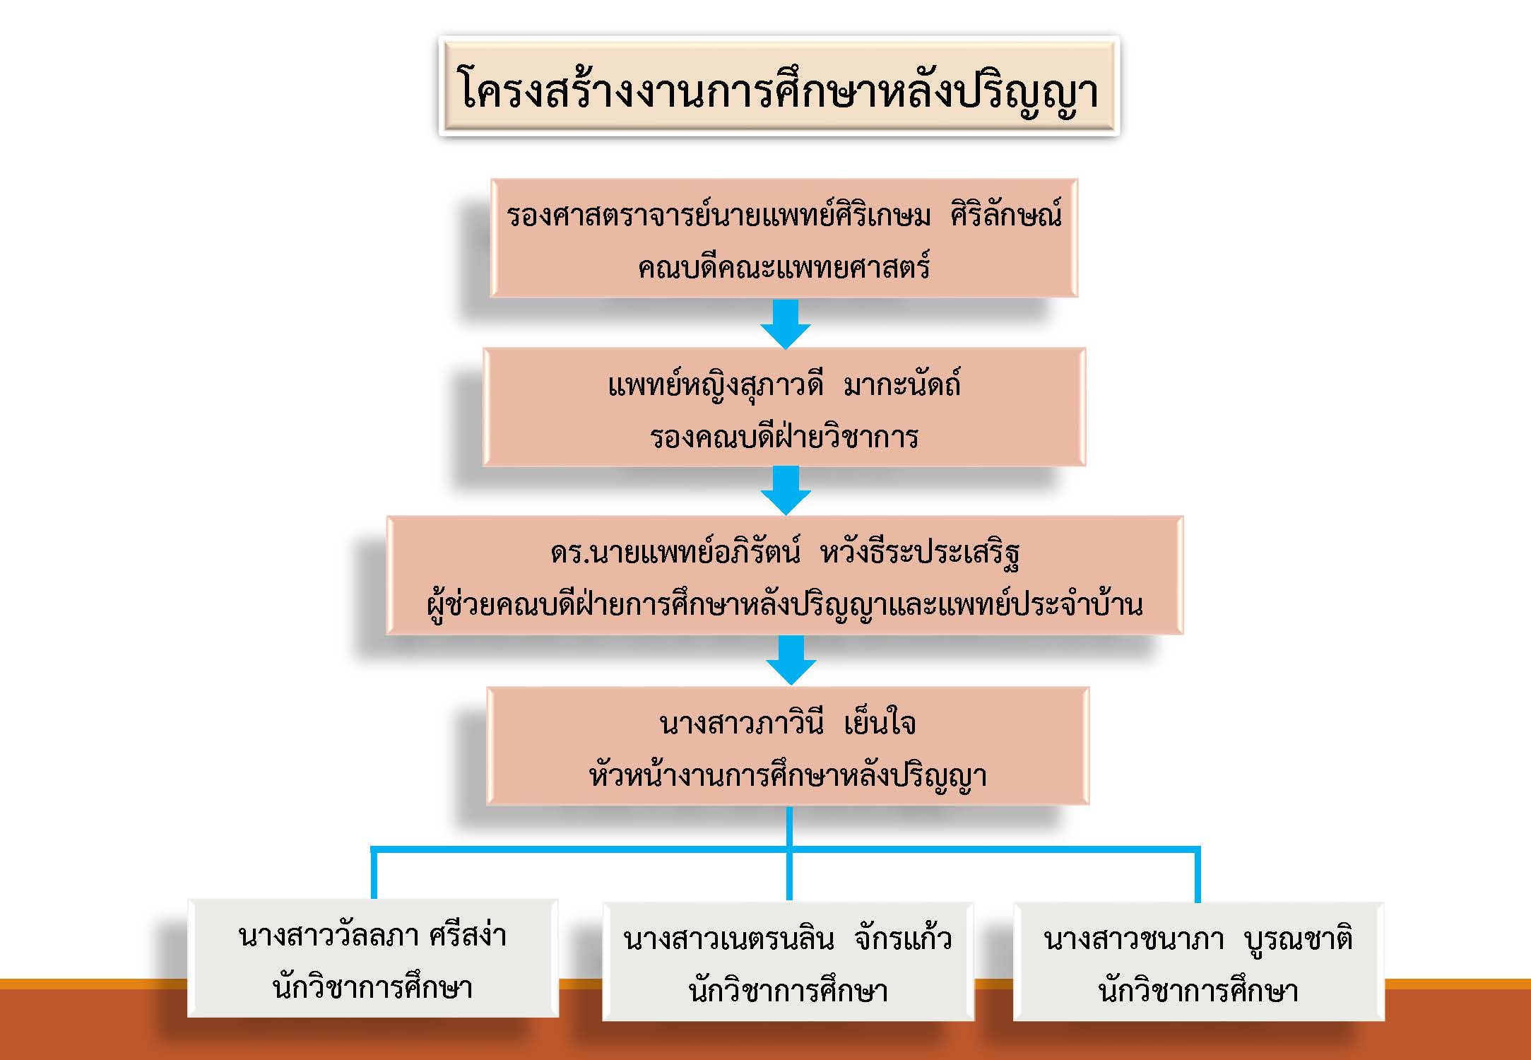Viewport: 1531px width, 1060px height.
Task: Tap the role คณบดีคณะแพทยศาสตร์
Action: [784, 268]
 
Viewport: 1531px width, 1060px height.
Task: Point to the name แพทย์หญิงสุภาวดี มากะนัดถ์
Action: [784, 385]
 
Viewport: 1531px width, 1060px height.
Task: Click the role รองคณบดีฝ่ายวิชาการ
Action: [784, 437]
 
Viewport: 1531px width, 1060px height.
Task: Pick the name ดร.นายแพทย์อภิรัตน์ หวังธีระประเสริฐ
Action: [784, 553]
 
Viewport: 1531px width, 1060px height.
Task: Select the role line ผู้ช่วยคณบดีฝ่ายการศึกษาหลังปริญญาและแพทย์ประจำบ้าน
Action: [784, 605]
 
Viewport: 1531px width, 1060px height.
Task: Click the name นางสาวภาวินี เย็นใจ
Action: [787, 724]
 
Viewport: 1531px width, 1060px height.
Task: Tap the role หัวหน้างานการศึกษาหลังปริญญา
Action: [787, 776]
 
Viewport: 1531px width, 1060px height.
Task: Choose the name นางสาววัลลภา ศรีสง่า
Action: [372, 936]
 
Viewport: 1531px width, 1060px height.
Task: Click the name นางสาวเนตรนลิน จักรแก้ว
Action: [787, 939]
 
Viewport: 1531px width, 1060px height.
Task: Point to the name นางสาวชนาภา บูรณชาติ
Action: [1198, 939]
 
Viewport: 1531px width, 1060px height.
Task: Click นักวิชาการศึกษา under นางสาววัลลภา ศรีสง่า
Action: [372, 988]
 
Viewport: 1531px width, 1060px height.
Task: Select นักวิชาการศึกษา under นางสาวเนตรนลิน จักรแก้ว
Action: [788, 991]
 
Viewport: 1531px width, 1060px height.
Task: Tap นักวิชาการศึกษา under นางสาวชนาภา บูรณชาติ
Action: [1198, 991]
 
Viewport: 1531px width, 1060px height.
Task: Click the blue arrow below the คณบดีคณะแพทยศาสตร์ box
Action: [785, 323]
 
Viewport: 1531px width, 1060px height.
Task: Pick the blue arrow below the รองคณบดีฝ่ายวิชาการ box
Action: [785, 490]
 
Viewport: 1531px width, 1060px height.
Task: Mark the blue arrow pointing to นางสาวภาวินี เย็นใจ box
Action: [791, 659]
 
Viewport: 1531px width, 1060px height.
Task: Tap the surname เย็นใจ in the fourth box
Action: [880, 724]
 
